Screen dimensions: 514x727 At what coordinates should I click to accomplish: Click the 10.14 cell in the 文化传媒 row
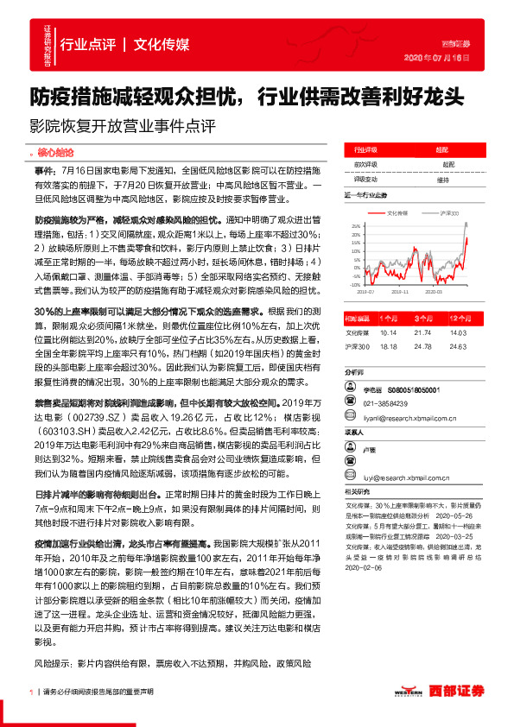tap(388, 331)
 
